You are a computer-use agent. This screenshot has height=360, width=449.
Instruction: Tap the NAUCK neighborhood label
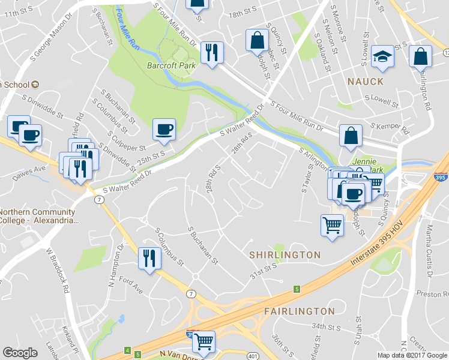pyautogui.click(x=364, y=80)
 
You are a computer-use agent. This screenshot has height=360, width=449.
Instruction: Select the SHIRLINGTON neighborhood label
pyautogui.click(x=285, y=255)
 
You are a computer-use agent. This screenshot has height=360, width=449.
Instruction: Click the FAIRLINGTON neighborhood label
pyautogui.click(x=299, y=311)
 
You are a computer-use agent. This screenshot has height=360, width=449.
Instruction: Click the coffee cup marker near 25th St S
pyautogui.click(x=164, y=129)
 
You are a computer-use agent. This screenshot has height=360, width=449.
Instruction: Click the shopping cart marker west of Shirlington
pyautogui.click(x=332, y=226)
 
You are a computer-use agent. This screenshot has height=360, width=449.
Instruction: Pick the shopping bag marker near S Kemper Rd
pyautogui.click(x=351, y=136)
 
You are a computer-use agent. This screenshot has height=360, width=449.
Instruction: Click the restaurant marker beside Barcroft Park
pyautogui.click(x=211, y=52)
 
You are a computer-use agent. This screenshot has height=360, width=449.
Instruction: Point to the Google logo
pyautogui.click(x=20, y=353)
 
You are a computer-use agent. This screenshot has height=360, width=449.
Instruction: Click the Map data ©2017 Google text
pyautogui.click(x=412, y=355)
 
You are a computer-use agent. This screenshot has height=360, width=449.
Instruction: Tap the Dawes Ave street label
pyautogui.click(x=31, y=169)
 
